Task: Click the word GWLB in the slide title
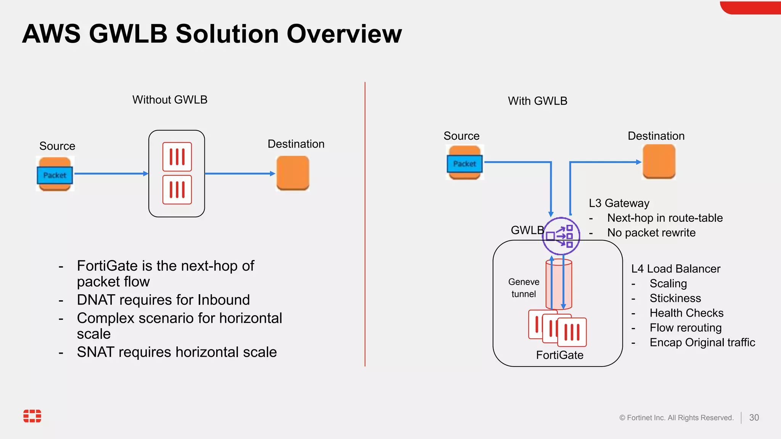pyautogui.click(x=128, y=34)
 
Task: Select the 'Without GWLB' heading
pyautogui.click(x=170, y=100)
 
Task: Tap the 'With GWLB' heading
pyautogui.click(x=537, y=101)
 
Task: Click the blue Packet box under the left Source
pyautogui.click(x=55, y=175)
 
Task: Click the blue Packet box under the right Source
pyautogui.click(x=464, y=164)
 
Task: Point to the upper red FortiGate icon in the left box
pyautogui.click(x=177, y=157)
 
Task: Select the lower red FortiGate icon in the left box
pyautogui.click(x=177, y=190)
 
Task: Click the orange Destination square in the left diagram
pyautogui.click(x=292, y=173)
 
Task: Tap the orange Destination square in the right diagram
pyautogui.click(x=659, y=161)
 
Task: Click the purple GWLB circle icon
pyautogui.click(x=561, y=236)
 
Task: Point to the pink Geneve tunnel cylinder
pyautogui.click(x=558, y=284)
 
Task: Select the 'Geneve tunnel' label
pyautogui.click(x=524, y=288)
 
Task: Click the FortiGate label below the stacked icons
pyautogui.click(x=559, y=355)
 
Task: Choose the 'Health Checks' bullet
pyautogui.click(x=686, y=313)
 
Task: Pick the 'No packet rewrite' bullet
pyautogui.click(x=651, y=233)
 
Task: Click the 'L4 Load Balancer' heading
pyautogui.click(x=676, y=269)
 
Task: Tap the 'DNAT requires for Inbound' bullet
pyautogui.click(x=163, y=300)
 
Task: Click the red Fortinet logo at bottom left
pyautogui.click(x=32, y=416)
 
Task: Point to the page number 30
pyautogui.click(x=754, y=418)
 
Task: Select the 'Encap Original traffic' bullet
pyautogui.click(x=702, y=343)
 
